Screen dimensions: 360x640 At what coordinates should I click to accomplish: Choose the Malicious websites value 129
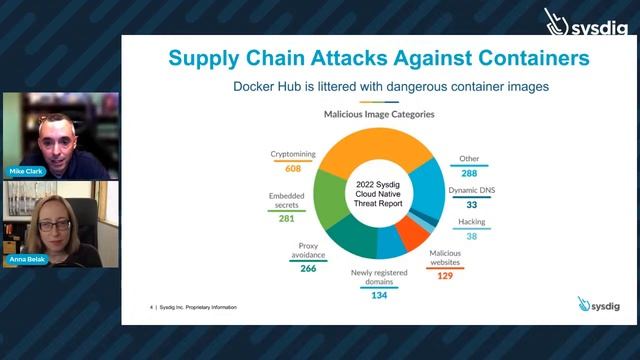pyautogui.click(x=445, y=275)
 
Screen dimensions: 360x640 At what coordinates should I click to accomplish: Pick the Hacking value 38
pyautogui.click(x=470, y=237)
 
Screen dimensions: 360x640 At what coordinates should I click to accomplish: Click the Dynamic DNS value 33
pyautogui.click(x=470, y=204)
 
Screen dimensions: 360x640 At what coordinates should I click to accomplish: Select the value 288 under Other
pyautogui.click(x=470, y=173)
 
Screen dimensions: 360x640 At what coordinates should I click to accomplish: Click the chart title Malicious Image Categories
pyautogui.click(x=379, y=115)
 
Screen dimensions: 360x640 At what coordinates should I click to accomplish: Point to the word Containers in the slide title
pyautogui.click(x=533, y=57)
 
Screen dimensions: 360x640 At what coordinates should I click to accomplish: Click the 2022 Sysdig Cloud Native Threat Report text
pyautogui.click(x=380, y=193)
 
